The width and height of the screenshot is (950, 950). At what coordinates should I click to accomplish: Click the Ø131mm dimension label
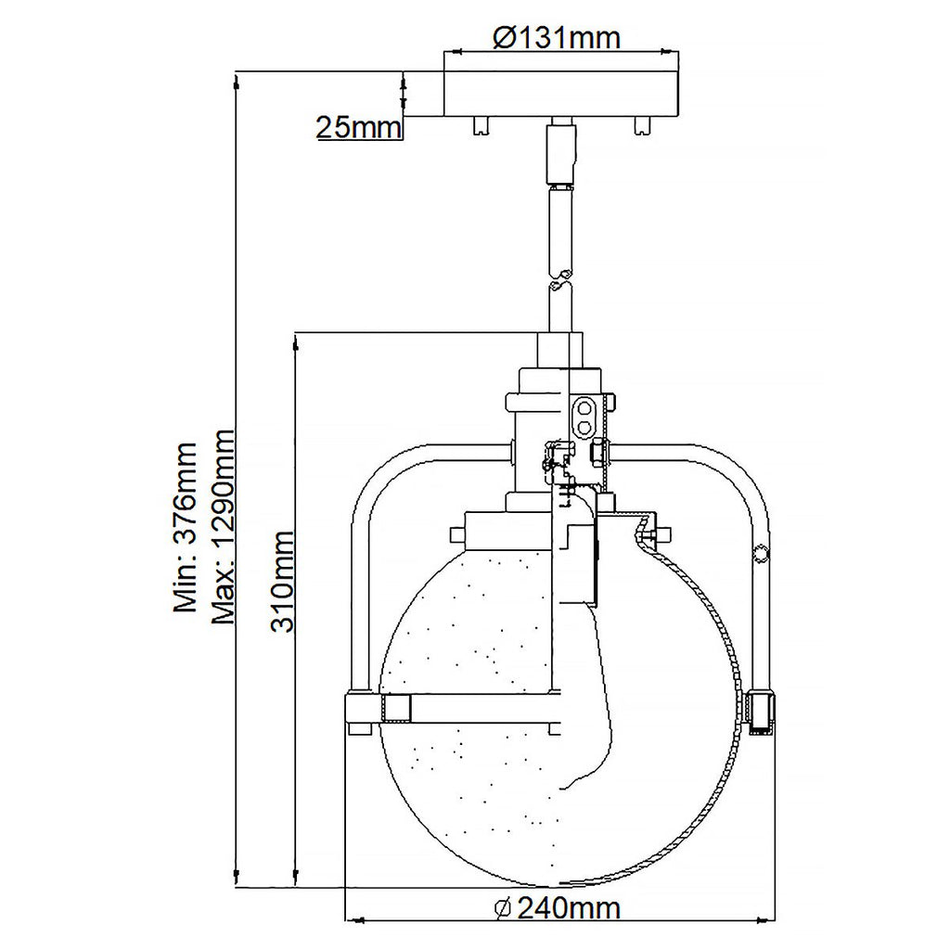pyautogui.click(x=556, y=37)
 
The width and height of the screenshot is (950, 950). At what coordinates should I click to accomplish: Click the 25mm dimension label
pyautogui.click(x=358, y=127)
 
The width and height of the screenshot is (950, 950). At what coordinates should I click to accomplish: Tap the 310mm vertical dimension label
pyautogui.click(x=282, y=581)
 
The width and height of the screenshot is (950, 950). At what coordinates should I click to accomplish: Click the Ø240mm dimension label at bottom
pyautogui.click(x=557, y=909)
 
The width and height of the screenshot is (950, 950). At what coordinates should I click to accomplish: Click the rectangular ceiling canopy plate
pyautogui.click(x=563, y=91)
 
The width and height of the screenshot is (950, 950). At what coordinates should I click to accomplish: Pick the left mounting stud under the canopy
pyautogui.click(x=481, y=125)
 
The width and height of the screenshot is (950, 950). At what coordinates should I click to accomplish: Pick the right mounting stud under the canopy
pyautogui.click(x=642, y=125)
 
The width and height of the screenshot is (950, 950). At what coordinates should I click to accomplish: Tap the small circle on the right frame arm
pyautogui.click(x=761, y=555)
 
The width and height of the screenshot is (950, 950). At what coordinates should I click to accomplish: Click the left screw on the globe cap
pyautogui.click(x=456, y=535)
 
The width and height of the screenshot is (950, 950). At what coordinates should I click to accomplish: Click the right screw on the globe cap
pyautogui.click(x=662, y=535)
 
